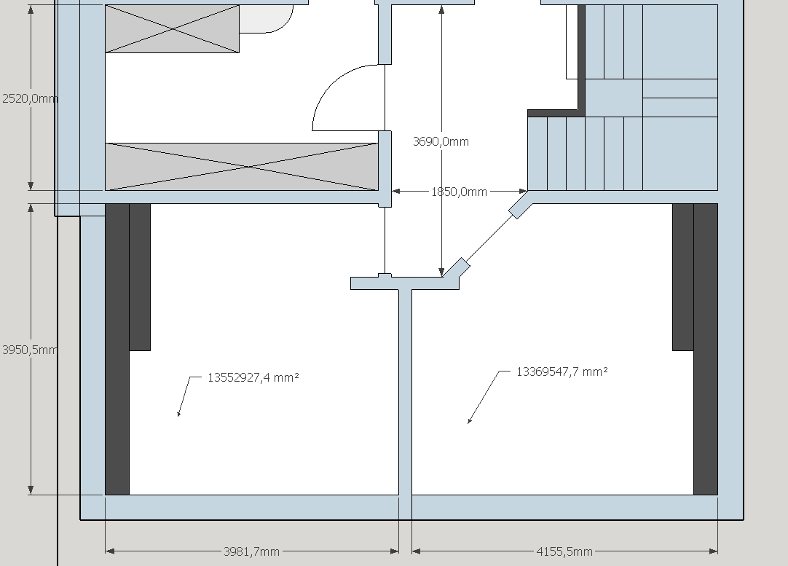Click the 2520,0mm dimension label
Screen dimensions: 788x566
tap(30, 98)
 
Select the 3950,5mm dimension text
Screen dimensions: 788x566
tap(30, 350)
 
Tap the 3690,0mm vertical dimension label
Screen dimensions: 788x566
tap(441, 142)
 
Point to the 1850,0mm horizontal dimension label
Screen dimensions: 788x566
tap(460, 192)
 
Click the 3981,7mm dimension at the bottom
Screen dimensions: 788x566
tap(251, 551)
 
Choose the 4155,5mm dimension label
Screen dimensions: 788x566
tap(564, 551)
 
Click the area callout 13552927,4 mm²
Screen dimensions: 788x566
tap(253, 377)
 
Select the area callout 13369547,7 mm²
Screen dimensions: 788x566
tap(562, 372)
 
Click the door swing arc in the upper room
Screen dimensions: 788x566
tap(332, 84)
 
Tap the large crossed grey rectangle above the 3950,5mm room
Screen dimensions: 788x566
tap(242, 167)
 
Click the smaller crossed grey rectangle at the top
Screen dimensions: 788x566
tap(173, 28)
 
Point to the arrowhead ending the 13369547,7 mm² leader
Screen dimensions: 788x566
tap(470, 420)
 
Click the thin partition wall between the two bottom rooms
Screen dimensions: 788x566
tap(406, 392)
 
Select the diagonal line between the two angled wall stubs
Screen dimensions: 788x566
tap(489, 239)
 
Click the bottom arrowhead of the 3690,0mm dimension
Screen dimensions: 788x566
tap(442, 272)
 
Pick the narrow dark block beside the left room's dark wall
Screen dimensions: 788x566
tap(140, 277)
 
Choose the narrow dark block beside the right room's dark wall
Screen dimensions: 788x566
tap(683, 277)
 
